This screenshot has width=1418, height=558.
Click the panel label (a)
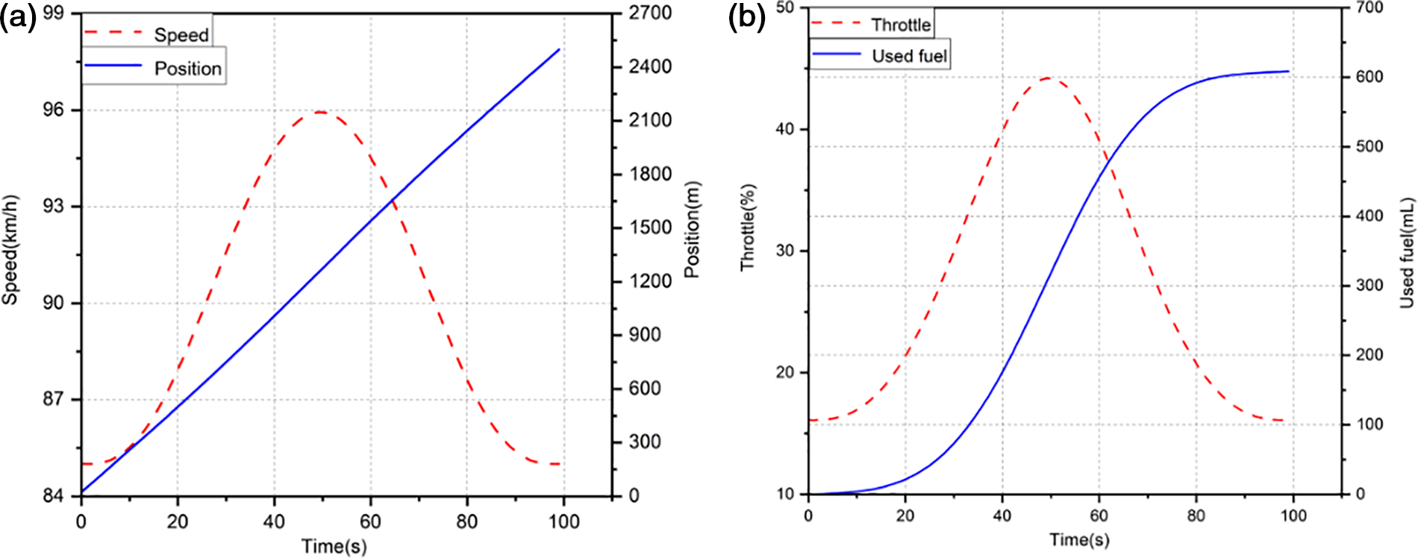[x=18, y=16]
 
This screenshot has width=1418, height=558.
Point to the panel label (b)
[x=747, y=16]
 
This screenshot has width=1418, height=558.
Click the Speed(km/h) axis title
[x=10, y=251]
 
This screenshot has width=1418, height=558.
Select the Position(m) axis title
[x=692, y=230]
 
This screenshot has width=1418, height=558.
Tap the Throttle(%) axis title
[x=748, y=227]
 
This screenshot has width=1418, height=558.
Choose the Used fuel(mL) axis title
[x=1407, y=252]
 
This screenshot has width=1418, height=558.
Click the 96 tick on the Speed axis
[x=53, y=110]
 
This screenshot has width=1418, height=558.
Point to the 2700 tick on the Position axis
[x=650, y=13]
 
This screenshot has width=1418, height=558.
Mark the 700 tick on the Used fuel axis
[x=1369, y=7]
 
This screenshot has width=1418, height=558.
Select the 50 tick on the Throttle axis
[x=786, y=7]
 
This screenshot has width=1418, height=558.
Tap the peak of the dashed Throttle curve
[x=1049, y=78]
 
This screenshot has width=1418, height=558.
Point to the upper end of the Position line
[x=559, y=50]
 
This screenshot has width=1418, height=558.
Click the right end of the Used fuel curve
[x=1288, y=72]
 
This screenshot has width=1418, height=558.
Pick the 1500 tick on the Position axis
[x=650, y=228]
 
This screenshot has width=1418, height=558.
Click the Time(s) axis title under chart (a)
[x=334, y=547]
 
